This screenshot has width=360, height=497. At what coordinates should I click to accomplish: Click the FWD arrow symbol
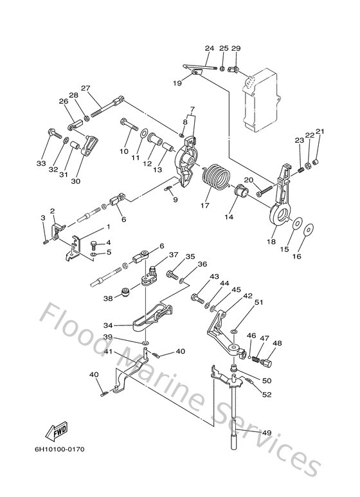pyautogui.click(x=57, y=431)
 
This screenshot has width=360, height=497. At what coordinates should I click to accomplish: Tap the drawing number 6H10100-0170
pyautogui.click(x=60, y=449)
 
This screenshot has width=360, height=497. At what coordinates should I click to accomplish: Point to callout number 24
pyautogui.click(x=209, y=48)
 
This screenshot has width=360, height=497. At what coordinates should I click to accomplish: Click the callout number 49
pyautogui.click(x=267, y=433)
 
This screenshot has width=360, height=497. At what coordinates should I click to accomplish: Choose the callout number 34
pyautogui.click(x=108, y=325)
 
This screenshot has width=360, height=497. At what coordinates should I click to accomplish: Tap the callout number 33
pyautogui.click(x=41, y=163)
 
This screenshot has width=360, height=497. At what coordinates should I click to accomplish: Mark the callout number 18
pyautogui.click(x=271, y=242)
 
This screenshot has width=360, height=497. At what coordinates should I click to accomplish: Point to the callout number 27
pyautogui.click(x=85, y=88)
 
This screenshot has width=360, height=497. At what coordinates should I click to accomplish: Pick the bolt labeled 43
pyautogui.click(x=197, y=298)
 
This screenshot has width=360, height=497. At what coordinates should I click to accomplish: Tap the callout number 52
pyautogui.click(x=267, y=394)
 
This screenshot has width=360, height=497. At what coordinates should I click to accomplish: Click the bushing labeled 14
pyautogui.click(x=242, y=192)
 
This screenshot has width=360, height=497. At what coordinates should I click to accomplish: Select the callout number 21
pyautogui.click(x=320, y=131)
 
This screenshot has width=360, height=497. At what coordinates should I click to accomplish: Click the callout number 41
pyautogui.click(x=109, y=352)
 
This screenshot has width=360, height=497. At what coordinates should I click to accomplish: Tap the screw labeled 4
pyautogui.click(x=94, y=244)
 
